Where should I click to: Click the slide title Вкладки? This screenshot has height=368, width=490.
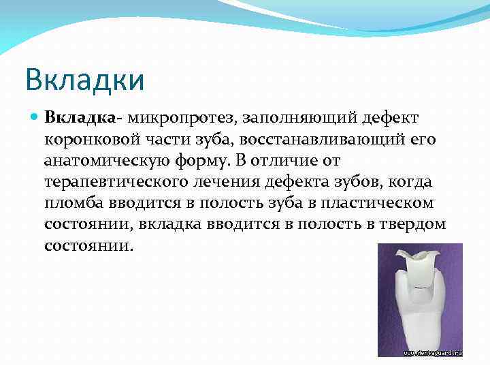click(84, 80)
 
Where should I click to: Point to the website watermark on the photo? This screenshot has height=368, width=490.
click(431, 353)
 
